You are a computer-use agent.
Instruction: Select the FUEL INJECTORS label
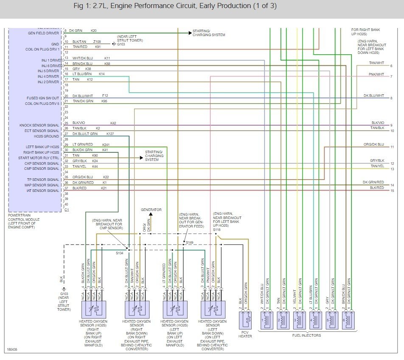pos(307,335)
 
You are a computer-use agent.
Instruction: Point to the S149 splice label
pos(190,242)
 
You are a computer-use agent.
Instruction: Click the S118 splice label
pos(217,229)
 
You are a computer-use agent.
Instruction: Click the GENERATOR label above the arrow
pos(151,210)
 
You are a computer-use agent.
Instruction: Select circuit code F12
pos(105,96)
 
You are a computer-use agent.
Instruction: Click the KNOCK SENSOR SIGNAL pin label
pos(39,125)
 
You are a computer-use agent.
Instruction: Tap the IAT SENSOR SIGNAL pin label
pos(42,191)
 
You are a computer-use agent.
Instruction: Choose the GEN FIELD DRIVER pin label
pos(44,33)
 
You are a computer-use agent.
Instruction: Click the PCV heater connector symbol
pos(245,319)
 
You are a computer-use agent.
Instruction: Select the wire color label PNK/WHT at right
pos(376,74)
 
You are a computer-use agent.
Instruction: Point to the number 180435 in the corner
pos(12,350)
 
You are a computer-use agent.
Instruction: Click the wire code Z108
pos(97,42)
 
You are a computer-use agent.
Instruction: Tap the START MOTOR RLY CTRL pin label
pos(39,158)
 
